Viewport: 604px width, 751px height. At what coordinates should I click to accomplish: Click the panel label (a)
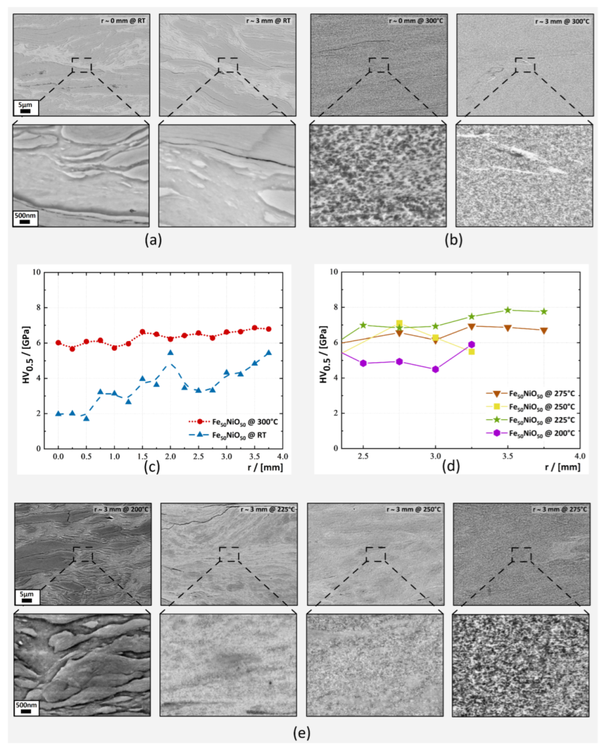153,240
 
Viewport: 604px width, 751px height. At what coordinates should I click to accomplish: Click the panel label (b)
453,240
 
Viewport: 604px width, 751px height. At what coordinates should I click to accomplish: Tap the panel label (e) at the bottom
302,733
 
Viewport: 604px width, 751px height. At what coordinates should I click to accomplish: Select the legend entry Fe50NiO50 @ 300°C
245,422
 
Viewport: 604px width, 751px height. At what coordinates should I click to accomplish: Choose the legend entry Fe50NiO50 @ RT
240,435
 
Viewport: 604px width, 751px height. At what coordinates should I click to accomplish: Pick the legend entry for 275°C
542,394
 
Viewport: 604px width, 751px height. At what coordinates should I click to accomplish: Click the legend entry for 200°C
542,433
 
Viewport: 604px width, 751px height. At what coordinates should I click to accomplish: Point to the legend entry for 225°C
542,420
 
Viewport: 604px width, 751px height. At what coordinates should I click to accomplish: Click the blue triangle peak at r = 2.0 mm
170,353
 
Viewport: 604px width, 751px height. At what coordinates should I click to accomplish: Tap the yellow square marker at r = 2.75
399,323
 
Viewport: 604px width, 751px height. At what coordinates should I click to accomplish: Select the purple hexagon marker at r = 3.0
436,369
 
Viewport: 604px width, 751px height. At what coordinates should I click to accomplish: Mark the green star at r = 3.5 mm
508,310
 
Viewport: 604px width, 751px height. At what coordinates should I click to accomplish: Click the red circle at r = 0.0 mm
58,343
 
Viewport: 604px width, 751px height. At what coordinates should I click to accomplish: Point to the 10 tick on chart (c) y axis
36,272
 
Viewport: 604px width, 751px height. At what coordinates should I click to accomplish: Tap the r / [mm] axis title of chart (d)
562,467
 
